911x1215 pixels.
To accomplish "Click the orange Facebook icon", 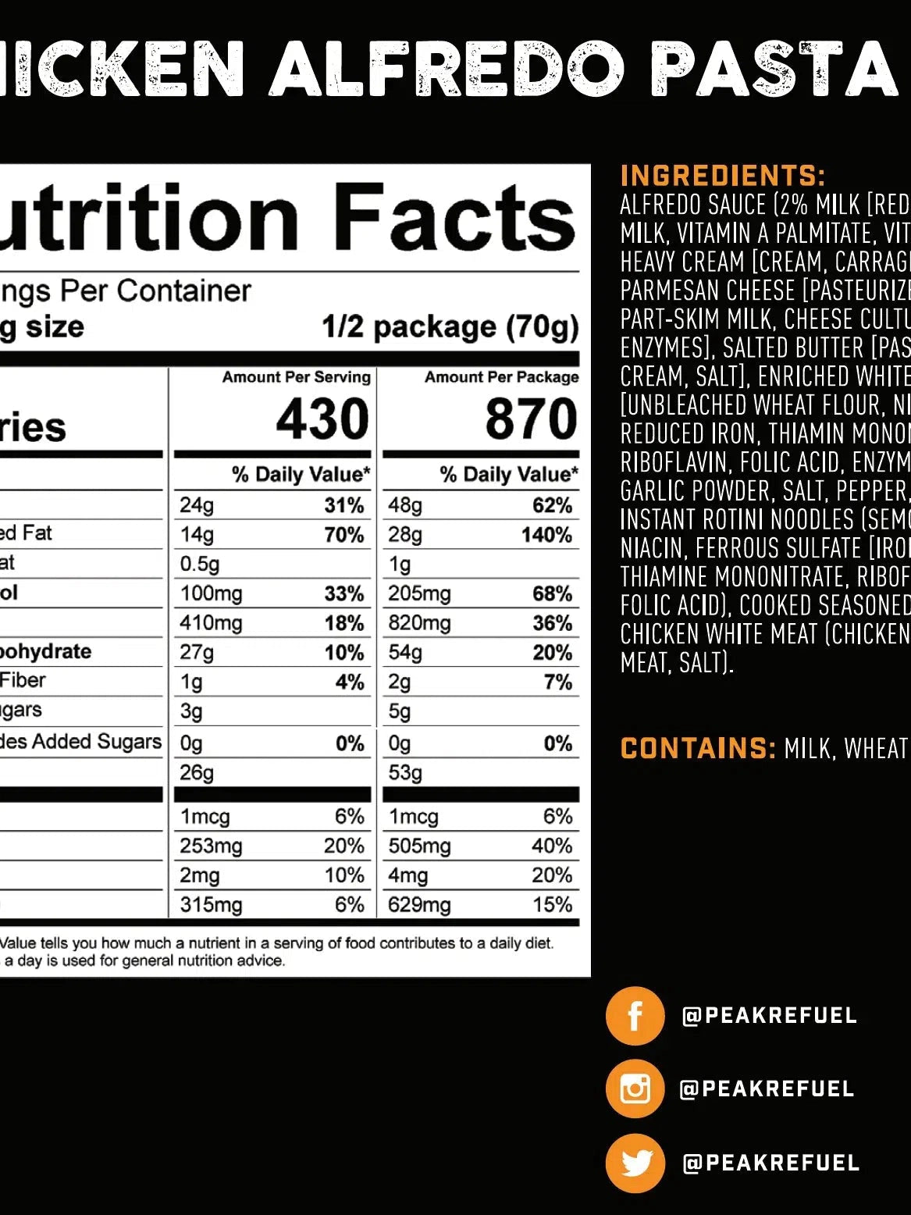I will tap(635, 1016).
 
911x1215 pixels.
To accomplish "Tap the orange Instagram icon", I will tap(635, 1089).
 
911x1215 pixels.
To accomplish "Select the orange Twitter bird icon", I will tap(635, 1163).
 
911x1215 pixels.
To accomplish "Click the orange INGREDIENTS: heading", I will tap(722, 176).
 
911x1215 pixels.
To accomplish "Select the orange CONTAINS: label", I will tap(698, 748).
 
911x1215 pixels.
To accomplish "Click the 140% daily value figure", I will tap(546, 535).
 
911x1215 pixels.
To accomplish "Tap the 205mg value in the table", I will tap(419, 593).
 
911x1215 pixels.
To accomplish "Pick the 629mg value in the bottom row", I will tap(419, 904).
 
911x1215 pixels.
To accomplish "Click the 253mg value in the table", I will tap(211, 846).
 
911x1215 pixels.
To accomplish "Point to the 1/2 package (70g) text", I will tap(450, 326).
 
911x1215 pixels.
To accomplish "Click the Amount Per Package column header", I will tap(501, 377).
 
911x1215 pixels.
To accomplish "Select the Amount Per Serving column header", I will tap(296, 377).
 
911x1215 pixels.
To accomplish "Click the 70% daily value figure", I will tap(344, 535).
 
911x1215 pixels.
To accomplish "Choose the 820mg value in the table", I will tap(419, 623).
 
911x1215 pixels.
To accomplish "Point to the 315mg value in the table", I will tap(211, 904).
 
